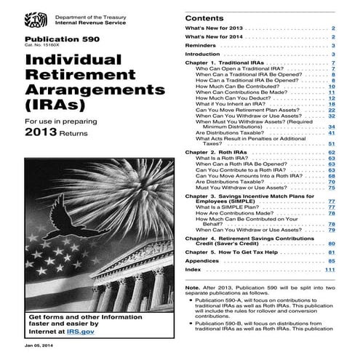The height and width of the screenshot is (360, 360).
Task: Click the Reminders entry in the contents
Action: coord(201,45)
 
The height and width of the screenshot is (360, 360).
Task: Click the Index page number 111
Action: coord(329,271)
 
